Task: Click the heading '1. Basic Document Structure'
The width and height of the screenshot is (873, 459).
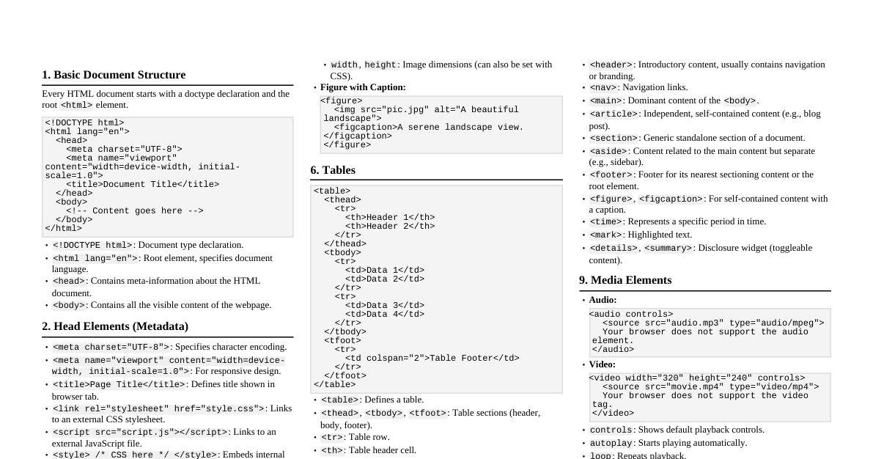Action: [114, 75]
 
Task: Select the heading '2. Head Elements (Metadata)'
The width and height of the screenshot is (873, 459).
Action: [115, 326]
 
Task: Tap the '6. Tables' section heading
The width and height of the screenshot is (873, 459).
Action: [333, 170]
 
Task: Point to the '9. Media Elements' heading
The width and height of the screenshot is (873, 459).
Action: [625, 280]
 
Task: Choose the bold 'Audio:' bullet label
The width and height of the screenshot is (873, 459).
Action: [603, 300]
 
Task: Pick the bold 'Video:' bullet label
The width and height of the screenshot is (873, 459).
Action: [602, 364]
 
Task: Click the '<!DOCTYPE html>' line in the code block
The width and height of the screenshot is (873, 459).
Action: [84, 123]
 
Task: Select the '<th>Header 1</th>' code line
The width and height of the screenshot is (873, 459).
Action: [390, 218]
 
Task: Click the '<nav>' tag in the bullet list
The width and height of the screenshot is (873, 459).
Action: [603, 88]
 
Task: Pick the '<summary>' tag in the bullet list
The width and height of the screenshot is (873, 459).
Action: [668, 248]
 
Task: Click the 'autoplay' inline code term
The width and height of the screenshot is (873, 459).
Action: [611, 443]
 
